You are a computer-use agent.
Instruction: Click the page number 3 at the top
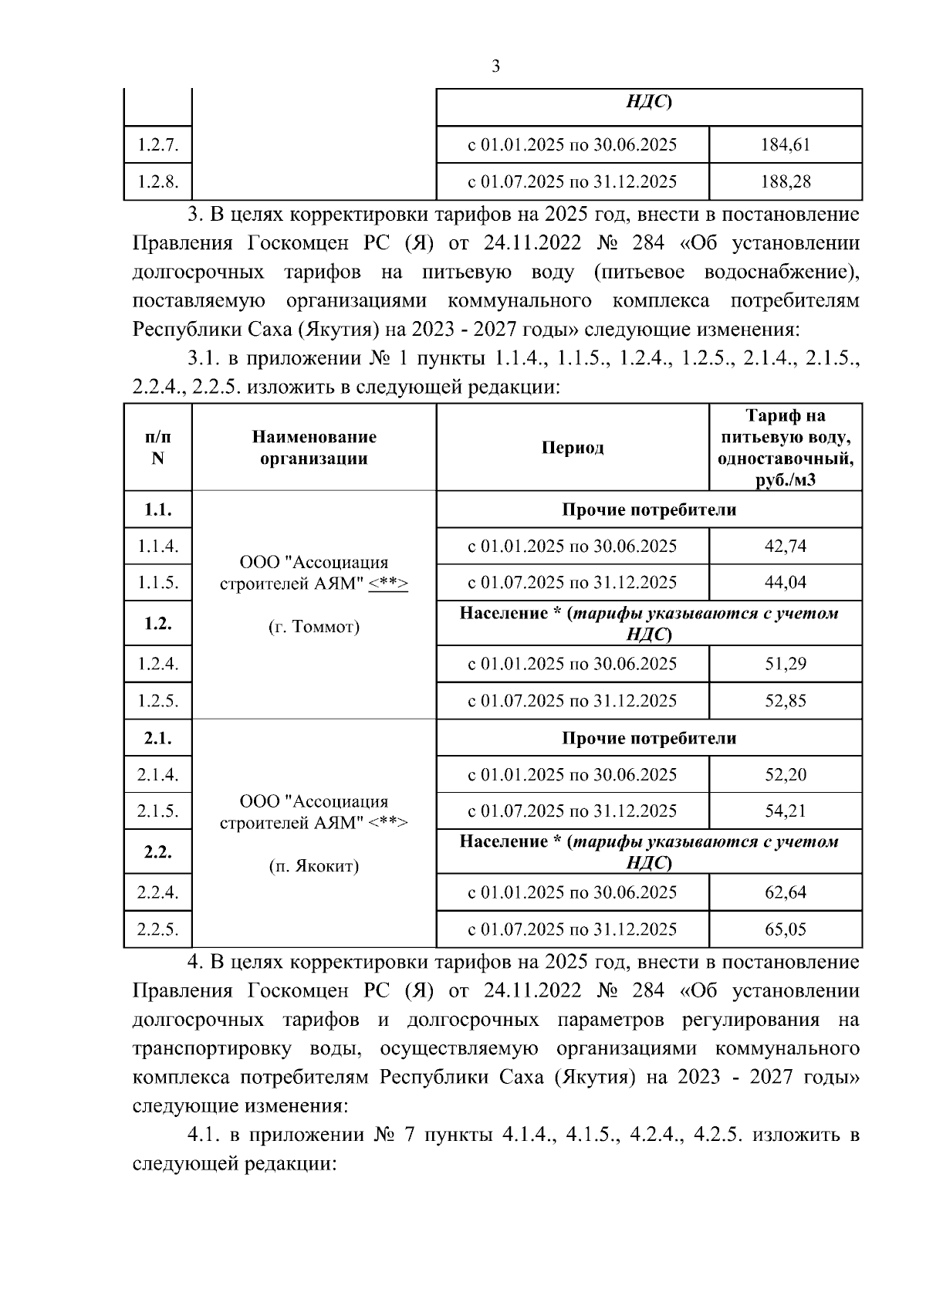[495, 66]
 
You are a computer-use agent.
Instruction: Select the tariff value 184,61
[785, 144]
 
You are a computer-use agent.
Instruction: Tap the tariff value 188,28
[785, 181]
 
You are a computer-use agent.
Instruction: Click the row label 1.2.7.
[157, 144]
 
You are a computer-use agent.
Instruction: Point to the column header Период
[572, 448]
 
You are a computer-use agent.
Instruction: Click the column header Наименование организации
[313, 448]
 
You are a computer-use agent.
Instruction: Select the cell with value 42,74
[785, 546]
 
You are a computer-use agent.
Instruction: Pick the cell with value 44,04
[785, 582]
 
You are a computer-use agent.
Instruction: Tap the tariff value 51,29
[785, 664]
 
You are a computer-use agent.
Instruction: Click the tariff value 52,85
[785, 701]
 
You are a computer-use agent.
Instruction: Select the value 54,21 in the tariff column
[785, 811]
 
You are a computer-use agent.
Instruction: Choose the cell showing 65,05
[785, 929]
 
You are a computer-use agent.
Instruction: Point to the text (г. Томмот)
[313, 627]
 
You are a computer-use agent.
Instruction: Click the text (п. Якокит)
[313, 866]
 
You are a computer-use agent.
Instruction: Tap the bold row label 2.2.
[157, 852]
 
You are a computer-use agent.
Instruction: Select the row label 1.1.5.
[157, 582]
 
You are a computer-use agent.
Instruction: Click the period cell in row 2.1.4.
[572, 774]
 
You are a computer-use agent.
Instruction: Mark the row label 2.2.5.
[157, 929]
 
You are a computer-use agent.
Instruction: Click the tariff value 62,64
[785, 892]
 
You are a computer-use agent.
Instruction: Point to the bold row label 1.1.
[157, 509]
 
